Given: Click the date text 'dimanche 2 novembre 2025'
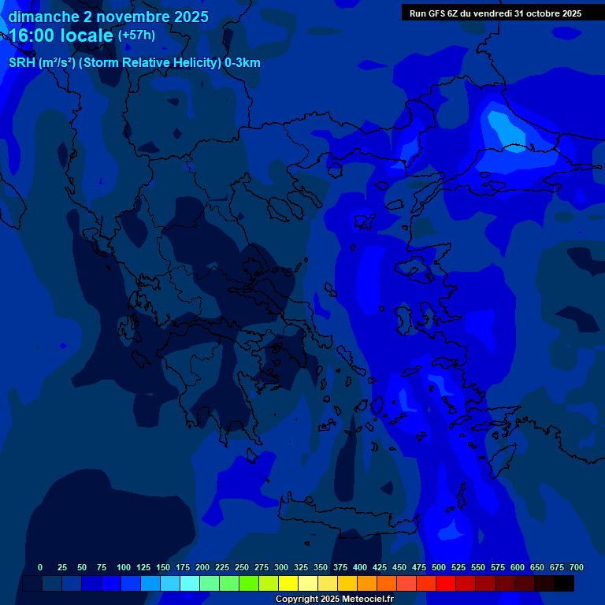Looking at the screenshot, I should point(109,17).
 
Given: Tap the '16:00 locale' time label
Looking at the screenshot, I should point(61,35).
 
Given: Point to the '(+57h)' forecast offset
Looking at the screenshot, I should point(136,35).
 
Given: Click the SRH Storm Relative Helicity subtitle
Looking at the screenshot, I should point(135,63).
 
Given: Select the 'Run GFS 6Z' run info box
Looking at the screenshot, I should point(495,13).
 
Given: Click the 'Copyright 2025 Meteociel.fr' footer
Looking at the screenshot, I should point(334,599).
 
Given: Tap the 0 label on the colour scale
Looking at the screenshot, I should point(40,567).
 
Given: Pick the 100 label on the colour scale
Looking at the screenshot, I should point(124,567).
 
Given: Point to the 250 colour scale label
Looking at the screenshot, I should point(242,567).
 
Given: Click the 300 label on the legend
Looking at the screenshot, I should point(281,567).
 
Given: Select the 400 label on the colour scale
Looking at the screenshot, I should point(360,567).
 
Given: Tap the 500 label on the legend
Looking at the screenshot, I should point(439,567).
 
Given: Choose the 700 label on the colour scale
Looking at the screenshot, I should point(577,567).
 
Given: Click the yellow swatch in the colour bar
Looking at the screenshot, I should point(288,584).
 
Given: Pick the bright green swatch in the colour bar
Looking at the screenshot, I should point(249,584).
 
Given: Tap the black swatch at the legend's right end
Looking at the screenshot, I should point(564,584).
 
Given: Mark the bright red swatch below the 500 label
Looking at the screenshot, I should point(446,584).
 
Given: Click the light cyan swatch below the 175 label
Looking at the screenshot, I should point(190,584).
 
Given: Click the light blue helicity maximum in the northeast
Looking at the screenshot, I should point(501,126).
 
